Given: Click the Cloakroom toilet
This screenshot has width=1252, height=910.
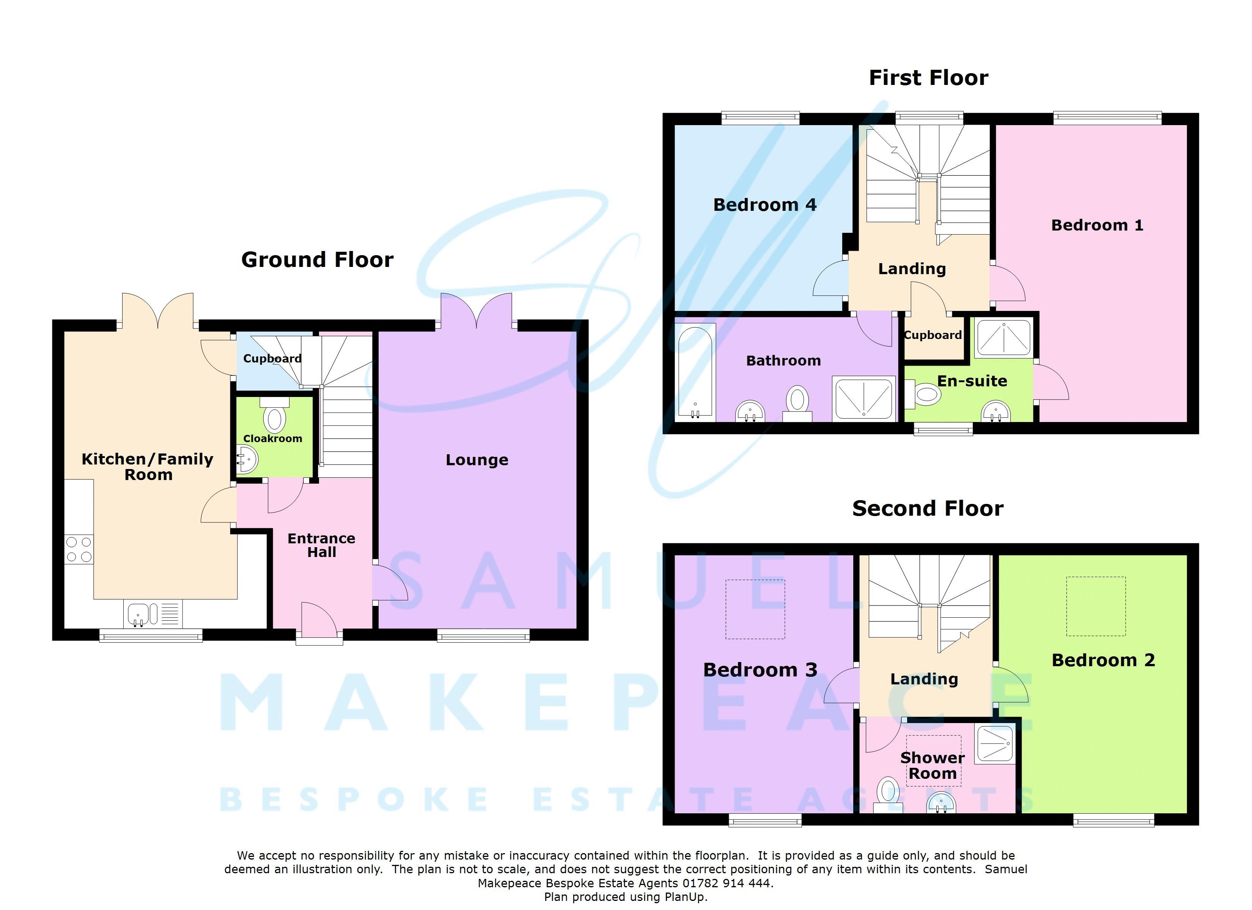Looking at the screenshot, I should point(274,418).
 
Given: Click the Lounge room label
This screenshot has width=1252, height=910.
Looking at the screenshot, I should point(477,460).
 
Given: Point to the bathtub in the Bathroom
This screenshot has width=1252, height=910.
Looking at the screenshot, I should point(694,372).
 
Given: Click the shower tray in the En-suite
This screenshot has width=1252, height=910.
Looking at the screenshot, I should point(1003,338).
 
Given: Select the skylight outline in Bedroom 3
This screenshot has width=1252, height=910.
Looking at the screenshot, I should point(755,609).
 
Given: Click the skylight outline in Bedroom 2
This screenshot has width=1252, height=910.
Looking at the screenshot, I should point(1095,606).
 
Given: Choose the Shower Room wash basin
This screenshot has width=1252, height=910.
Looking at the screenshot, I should point(941,803).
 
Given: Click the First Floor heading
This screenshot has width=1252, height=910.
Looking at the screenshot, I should point(928,78).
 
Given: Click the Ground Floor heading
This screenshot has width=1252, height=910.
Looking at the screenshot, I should point(318,259).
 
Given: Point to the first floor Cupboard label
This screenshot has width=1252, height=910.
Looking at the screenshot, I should point(933,335).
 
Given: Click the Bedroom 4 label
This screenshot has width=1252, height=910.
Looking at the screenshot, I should point(764,205).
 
